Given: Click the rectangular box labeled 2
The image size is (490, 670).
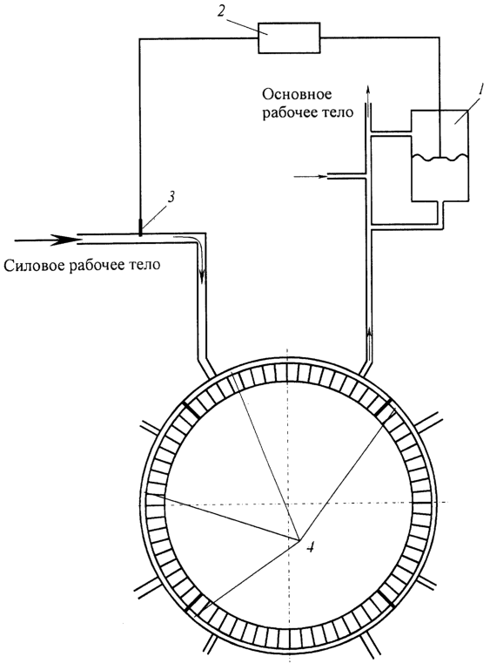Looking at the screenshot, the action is (289, 38).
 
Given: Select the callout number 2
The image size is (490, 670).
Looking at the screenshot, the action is (220, 10).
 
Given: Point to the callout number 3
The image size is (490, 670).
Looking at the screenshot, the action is (171, 197).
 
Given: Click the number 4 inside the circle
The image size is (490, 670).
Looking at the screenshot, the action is (312, 546).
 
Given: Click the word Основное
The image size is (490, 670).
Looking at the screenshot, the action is (298, 94).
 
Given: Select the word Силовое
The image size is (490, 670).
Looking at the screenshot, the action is (33, 266).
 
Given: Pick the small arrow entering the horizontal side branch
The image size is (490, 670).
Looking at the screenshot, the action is (311, 176).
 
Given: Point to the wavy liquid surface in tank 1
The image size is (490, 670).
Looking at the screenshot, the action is (440, 158).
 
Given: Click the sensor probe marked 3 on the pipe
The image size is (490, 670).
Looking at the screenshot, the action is (140, 227).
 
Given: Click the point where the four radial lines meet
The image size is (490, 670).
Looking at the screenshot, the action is (299, 539).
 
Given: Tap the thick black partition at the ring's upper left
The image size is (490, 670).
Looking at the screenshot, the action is (187, 409).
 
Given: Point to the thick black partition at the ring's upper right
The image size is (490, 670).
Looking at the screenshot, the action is (386, 407).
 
